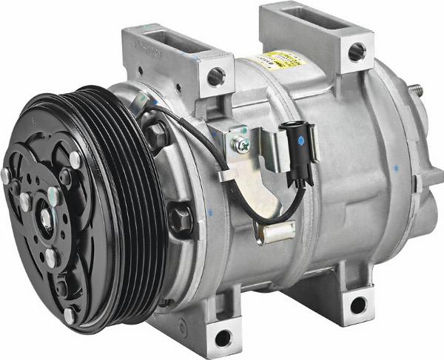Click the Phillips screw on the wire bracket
[x=242, y=146]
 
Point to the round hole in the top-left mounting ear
[x=216, y=76]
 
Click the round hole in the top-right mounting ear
[x=356, y=52]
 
